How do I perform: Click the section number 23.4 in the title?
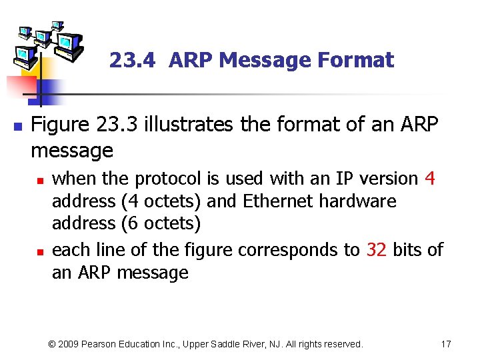point(132,61)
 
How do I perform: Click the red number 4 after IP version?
point(429,179)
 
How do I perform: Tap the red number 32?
point(377,250)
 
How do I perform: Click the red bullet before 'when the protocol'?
point(40,180)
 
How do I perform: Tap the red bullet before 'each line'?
point(40,251)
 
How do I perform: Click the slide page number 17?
point(446,344)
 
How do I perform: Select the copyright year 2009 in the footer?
point(70,344)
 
